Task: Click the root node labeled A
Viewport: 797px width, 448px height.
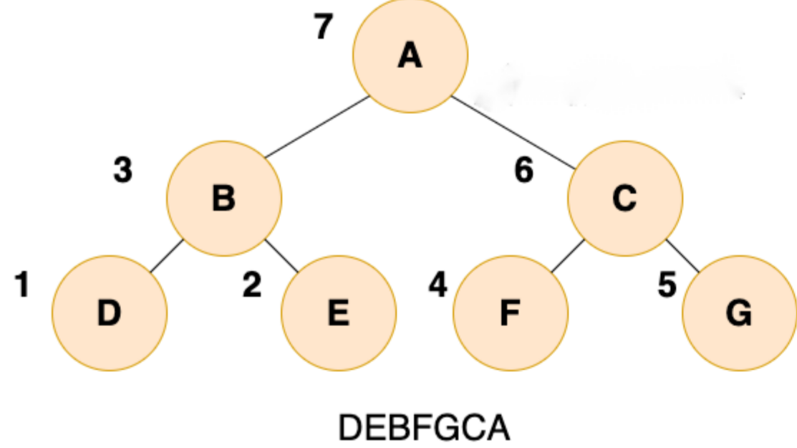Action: tap(410, 55)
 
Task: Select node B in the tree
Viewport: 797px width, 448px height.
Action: tap(224, 198)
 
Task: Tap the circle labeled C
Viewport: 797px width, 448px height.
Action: tap(625, 198)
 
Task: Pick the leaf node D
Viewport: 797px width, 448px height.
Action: tap(110, 313)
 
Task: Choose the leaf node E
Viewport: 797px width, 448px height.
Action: tap(339, 313)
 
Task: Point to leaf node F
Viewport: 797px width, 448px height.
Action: tap(511, 313)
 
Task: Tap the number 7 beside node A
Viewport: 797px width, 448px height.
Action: tap(324, 27)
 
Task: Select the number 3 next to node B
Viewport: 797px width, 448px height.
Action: tap(123, 171)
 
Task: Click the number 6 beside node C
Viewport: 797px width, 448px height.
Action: tap(524, 171)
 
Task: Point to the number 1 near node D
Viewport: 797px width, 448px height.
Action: tap(23, 285)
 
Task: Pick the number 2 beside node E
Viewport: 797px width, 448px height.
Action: tap(252, 285)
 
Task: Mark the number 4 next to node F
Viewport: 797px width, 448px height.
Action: tap(438, 285)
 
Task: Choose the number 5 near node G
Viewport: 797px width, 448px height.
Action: tap(667, 285)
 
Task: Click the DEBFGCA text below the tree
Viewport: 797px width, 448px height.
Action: tap(424, 428)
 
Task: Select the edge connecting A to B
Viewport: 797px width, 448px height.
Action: tap(317, 126)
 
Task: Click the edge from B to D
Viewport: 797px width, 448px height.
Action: tap(167, 256)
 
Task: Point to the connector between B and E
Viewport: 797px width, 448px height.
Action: tap(281, 256)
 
